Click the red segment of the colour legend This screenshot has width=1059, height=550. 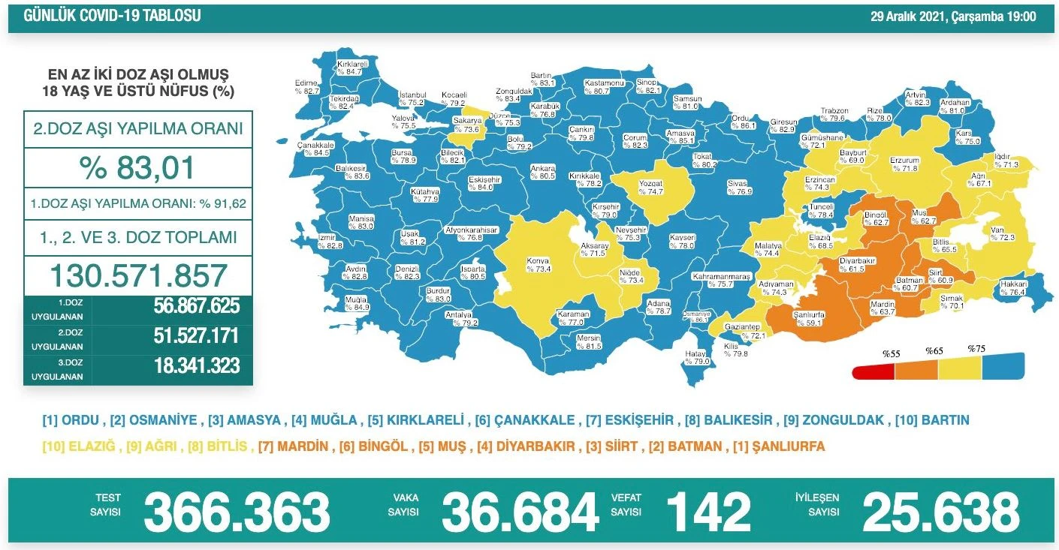coord(873,372)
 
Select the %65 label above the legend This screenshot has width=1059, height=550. coord(934,350)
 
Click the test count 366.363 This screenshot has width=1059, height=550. coord(237,512)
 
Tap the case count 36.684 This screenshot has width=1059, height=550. coord(520,512)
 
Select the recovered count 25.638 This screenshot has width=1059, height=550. coord(940,512)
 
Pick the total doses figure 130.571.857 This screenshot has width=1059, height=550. coord(137,275)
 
